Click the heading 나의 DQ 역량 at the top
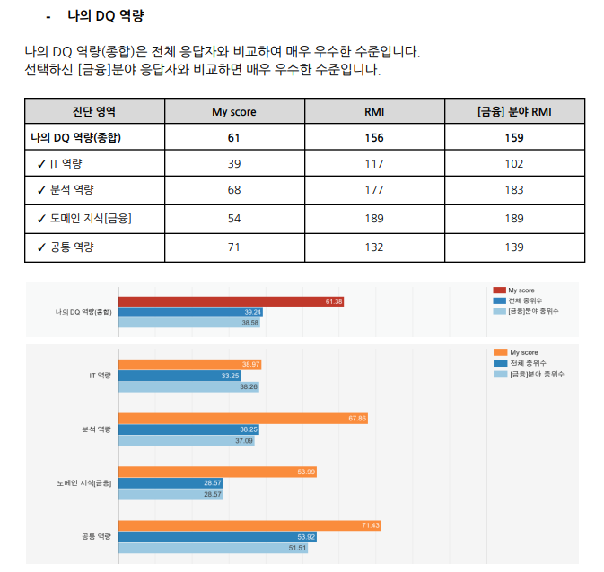tap(105, 16)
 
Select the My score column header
tap(233, 112)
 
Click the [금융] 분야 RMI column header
tap(514, 112)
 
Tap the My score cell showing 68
tap(233, 190)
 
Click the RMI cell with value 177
tap(374, 190)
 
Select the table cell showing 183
tap(514, 190)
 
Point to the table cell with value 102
tap(514, 164)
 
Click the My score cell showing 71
tap(233, 247)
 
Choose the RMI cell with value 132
tap(374, 247)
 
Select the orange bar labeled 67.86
tap(242, 419)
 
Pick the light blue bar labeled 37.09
tap(187, 441)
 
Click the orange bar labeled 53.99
tap(218, 472)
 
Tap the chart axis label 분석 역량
tap(96, 429)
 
